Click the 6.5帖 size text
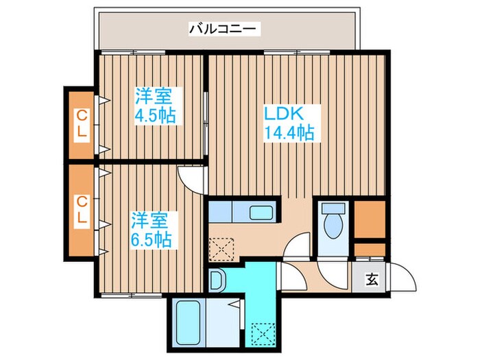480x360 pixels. tap(152, 240)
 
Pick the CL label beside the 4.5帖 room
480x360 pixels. tap(82, 125)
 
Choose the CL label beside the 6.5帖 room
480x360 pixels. tap(82, 211)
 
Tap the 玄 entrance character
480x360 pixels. tap(372, 279)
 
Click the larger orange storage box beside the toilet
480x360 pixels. tap(370, 219)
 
